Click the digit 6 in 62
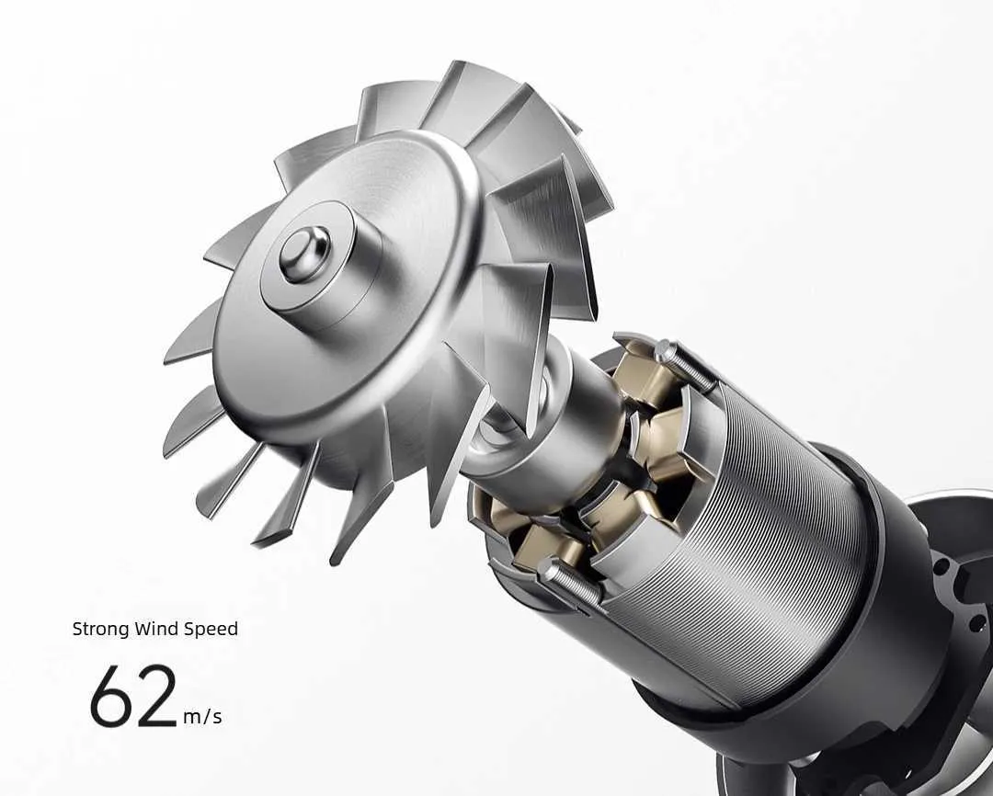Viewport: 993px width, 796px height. (x=112, y=695)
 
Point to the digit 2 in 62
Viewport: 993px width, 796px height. (x=156, y=695)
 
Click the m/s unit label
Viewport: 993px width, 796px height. (x=202, y=717)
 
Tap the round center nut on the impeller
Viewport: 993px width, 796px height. (x=305, y=254)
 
